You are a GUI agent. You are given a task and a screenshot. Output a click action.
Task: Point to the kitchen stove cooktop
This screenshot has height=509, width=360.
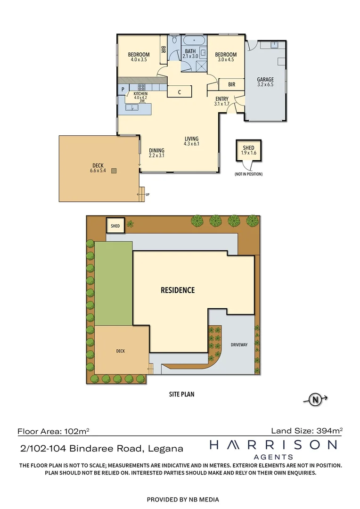141,87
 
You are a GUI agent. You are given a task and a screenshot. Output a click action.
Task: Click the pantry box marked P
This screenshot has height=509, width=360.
123,89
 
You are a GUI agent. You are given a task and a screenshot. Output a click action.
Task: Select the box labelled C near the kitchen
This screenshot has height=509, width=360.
180,92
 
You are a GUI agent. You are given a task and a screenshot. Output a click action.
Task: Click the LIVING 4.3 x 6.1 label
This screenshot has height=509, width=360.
191,141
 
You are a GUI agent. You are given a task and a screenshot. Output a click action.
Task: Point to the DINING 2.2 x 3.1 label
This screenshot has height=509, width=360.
156,153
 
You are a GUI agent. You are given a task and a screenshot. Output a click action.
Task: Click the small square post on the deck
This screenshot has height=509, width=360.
114,171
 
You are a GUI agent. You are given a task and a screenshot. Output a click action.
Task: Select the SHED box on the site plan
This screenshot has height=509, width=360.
115,226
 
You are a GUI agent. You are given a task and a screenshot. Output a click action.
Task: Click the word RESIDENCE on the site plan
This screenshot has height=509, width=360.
177,290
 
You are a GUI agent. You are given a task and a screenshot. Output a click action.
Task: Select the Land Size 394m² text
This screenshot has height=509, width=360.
307,430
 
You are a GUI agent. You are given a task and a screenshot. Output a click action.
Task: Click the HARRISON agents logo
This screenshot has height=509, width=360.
273,448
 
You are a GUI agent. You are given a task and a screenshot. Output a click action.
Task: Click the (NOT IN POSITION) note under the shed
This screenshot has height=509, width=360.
248,174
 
